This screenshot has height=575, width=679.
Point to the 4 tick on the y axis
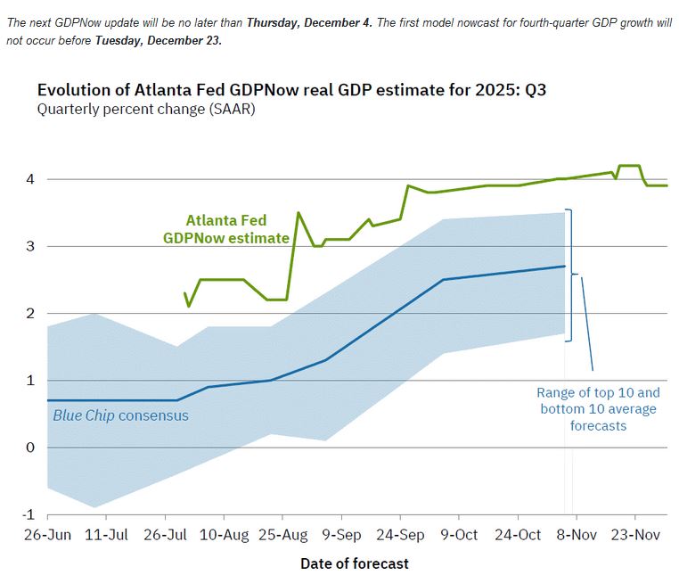click(x=29, y=179)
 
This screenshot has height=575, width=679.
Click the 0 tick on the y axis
click(x=29, y=448)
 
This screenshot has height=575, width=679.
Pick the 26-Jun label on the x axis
click(x=48, y=535)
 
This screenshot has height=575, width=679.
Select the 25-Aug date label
click(x=282, y=535)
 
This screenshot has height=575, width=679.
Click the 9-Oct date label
click(x=459, y=535)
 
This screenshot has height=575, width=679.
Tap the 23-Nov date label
click(x=635, y=535)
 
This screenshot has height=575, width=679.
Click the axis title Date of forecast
click(x=355, y=563)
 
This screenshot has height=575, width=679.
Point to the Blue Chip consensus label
click(x=120, y=415)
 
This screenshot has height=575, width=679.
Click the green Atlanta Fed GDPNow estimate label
click(x=225, y=229)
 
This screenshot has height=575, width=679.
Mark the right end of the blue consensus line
click(x=565, y=266)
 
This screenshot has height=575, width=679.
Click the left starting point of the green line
click(x=185, y=293)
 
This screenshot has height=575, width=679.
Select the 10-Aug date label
click(x=224, y=535)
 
